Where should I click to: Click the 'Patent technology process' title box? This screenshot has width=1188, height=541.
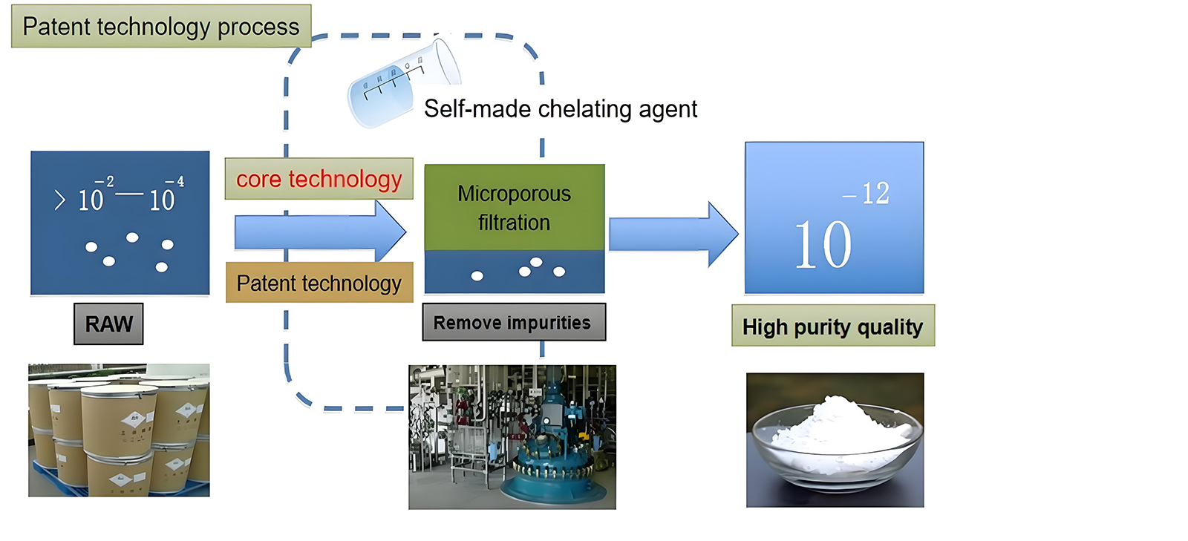tap(161, 27)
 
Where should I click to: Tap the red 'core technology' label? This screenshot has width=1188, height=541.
tap(319, 179)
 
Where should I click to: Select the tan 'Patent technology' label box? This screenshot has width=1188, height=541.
tap(319, 283)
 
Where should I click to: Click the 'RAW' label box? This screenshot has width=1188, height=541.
tap(108, 324)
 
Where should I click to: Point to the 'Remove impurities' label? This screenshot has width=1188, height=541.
tap(513, 323)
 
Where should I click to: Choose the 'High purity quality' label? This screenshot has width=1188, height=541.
tap(832, 327)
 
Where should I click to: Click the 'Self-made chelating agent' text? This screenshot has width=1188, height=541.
tap(561, 109)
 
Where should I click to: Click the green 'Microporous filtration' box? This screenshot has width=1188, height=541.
tap(515, 207)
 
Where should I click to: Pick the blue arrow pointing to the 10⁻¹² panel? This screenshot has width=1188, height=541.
tap(672, 234)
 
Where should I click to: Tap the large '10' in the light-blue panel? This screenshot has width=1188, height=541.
tap(823, 245)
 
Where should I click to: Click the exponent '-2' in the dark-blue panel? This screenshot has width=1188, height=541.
tap(105, 182)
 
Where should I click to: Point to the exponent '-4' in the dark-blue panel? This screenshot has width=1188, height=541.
tap(175, 182)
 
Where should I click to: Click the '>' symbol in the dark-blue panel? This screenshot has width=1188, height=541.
tap(60, 200)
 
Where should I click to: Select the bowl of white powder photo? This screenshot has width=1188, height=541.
tap(835, 440)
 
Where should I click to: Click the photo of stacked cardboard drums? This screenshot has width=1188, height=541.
tap(119, 430)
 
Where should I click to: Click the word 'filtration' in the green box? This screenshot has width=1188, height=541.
tap(514, 223)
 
